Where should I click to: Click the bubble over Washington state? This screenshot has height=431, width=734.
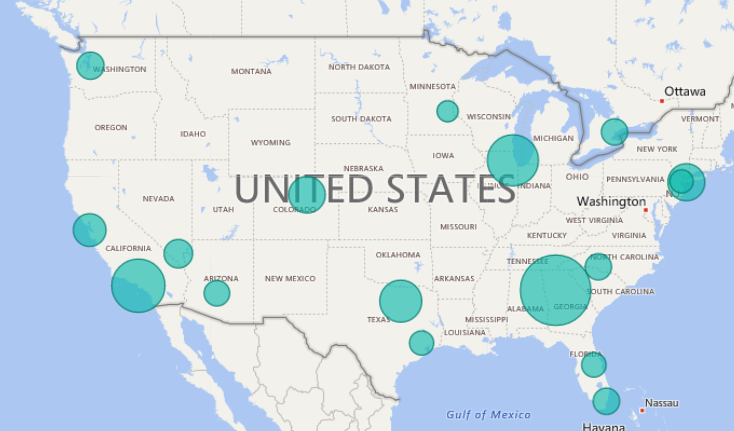click(x=90, y=65)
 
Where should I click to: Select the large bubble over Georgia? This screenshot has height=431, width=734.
click(x=555, y=290)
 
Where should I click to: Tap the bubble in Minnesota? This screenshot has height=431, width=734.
click(x=447, y=111)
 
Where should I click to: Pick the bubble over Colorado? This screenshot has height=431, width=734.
click(x=306, y=194)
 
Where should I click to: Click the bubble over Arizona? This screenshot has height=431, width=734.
click(x=217, y=293)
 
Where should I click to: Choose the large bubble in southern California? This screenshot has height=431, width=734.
click(x=138, y=286)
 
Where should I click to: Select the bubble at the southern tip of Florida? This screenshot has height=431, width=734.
click(x=606, y=401)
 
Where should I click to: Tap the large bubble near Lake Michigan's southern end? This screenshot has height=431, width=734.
click(x=513, y=160)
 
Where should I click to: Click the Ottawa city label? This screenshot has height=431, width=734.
click(x=684, y=91)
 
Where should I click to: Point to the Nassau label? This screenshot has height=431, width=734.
click(x=661, y=403)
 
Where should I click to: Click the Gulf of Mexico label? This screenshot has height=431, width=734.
click(x=489, y=414)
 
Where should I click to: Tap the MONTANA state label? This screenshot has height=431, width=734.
click(x=251, y=71)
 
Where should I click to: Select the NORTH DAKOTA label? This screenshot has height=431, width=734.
click(x=359, y=67)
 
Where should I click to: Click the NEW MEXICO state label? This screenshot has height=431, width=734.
click(x=290, y=278)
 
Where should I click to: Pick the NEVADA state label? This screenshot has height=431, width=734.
click(x=158, y=199)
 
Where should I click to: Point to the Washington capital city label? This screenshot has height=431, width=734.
click(x=611, y=201)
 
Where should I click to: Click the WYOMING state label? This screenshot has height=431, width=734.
click(x=270, y=143)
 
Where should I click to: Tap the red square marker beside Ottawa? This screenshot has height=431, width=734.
click(x=662, y=100)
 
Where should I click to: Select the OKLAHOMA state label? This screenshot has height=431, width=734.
click(x=398, y=254)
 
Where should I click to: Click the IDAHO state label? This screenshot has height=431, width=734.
click(x=193, y=133)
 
